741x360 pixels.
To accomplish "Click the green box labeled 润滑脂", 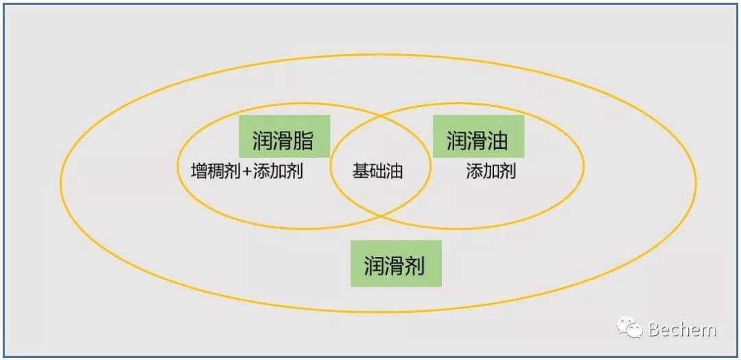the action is coord(284,136).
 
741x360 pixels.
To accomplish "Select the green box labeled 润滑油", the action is coord(478,136).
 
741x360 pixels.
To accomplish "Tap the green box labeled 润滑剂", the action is coord(396,263).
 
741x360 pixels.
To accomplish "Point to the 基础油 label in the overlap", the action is coord(377,171).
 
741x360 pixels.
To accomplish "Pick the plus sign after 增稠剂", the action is coord(247,171).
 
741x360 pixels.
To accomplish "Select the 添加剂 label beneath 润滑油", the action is coord(491,171).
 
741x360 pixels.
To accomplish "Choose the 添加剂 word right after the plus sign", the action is coord(278,171).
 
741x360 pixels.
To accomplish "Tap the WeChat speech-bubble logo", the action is coord(629,327).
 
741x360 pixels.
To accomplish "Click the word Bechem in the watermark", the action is coord(683,329).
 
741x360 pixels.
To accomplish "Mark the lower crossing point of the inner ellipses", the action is coord(381,216).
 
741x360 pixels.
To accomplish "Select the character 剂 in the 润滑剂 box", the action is coord(414,265).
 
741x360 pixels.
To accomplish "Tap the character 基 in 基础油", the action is coord(361,171).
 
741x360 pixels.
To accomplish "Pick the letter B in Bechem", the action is coord(655,329).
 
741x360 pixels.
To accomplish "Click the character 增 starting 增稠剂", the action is coord(199,171).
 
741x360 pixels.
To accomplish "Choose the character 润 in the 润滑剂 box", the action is coord(374,265).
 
